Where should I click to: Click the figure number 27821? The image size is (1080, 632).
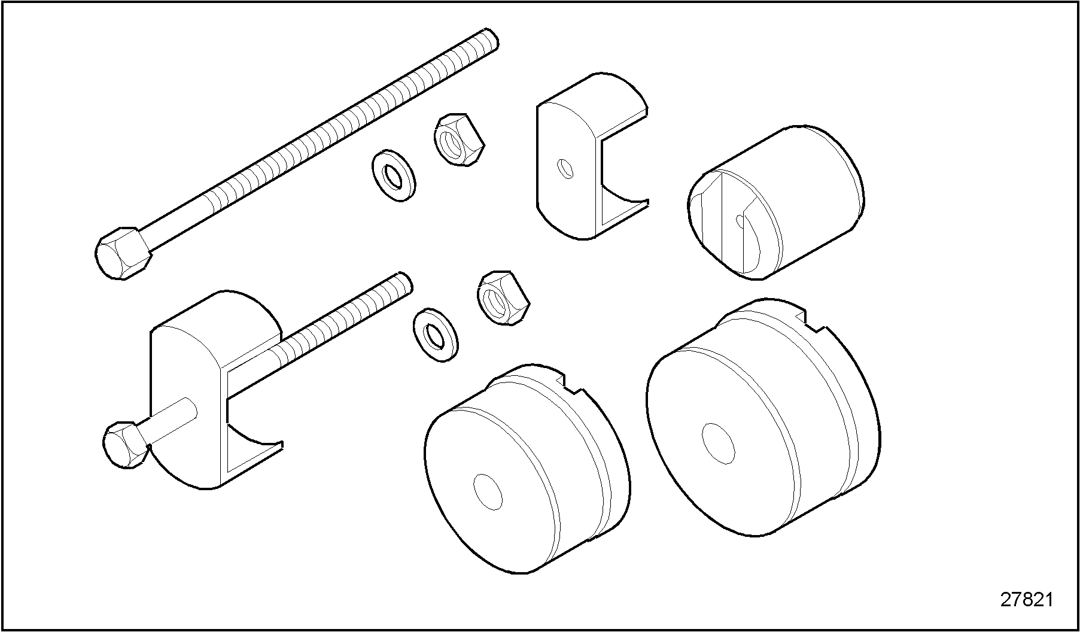[1026, 600]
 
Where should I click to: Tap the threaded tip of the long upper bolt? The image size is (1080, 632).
[489, 41]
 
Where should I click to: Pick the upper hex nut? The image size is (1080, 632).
[458, 140]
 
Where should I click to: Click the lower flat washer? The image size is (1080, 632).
[436, 336]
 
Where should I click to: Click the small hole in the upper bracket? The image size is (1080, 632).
[565, 169]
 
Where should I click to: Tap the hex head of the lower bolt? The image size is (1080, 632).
[126, 444]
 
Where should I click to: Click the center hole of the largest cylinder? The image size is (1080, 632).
[717, 443]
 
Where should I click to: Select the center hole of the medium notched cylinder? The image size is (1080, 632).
[488, 491]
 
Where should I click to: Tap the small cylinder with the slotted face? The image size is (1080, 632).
[775, 202]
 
